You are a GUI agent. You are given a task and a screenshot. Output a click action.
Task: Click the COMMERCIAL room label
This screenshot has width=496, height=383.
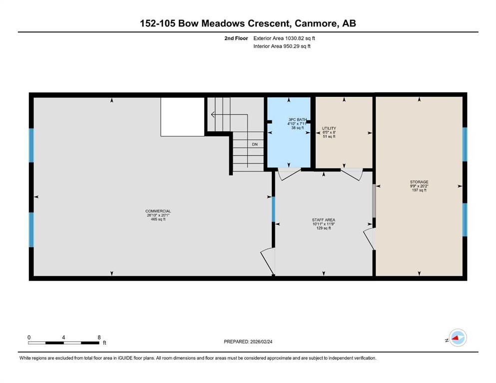coord(158,211)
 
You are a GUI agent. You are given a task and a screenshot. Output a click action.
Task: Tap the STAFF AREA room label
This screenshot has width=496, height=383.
coord(324,220)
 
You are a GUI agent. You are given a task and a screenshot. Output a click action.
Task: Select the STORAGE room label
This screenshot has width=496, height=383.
coord(419,182)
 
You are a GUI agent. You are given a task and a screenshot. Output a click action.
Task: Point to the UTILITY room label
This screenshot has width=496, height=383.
coord(328,128)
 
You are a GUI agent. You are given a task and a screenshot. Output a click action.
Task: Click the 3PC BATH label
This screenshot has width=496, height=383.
coord(297,120)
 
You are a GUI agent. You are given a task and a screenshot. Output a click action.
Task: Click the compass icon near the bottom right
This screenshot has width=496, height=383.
coord(457,339)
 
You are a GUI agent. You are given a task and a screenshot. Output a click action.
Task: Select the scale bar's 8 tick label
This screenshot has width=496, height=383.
coord(99,337)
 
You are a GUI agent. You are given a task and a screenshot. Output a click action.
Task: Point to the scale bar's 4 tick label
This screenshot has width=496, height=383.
coord(63,337)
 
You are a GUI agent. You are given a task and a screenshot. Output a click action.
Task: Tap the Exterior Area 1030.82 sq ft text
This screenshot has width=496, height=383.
coord(285,38)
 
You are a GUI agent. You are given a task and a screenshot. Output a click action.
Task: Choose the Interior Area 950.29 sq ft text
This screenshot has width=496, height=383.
coord(282,46)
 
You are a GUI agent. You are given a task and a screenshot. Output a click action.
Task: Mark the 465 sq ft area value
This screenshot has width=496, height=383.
coord(158,219)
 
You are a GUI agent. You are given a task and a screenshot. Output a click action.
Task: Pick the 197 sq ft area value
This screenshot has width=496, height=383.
coord(419,190)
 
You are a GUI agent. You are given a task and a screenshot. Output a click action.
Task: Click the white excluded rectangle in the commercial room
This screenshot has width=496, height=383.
coord(182,117)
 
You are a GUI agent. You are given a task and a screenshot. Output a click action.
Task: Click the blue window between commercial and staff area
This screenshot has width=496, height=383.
coord(273,209)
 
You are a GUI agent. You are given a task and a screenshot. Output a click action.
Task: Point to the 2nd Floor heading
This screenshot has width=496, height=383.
coord(237,38)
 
